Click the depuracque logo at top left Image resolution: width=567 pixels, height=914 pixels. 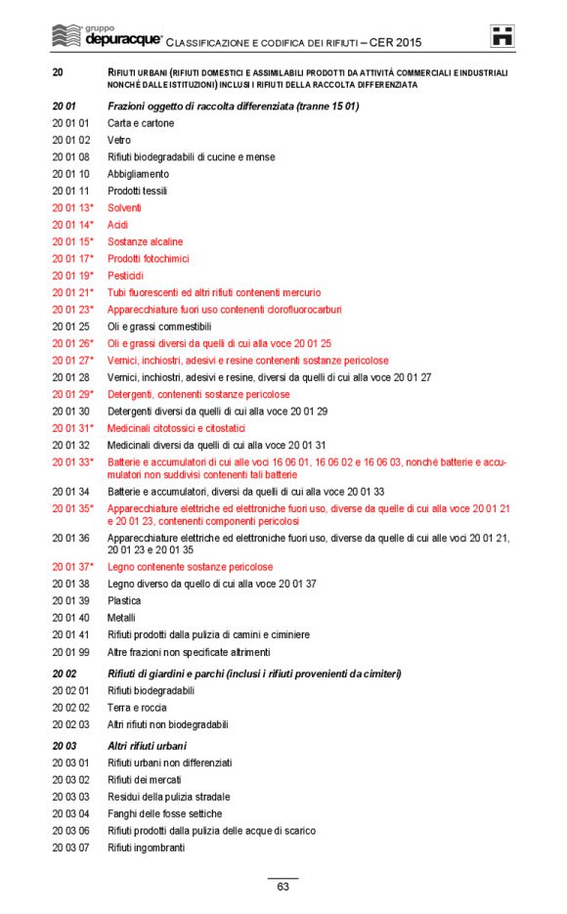point(107,37)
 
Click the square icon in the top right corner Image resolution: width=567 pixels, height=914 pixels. point(502,36)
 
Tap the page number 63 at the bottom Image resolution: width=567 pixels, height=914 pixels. point(283,888)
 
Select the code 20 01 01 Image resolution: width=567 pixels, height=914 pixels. point(70,123)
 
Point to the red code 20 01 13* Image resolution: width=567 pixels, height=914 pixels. point(72,208)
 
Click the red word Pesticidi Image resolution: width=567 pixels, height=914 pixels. point(126,276)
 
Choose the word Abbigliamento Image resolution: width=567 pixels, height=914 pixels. point(138,174)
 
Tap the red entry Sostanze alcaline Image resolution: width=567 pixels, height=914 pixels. point(145,241)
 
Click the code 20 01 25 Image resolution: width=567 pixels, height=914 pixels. point(70,326)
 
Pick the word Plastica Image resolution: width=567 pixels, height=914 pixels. point(124,600)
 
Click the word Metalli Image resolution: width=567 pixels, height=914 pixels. point(122,618)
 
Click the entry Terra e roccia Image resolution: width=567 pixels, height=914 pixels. point(137,708)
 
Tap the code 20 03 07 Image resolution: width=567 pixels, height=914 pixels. point(70,848)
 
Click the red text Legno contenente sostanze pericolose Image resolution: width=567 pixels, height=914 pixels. point(190,567)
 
